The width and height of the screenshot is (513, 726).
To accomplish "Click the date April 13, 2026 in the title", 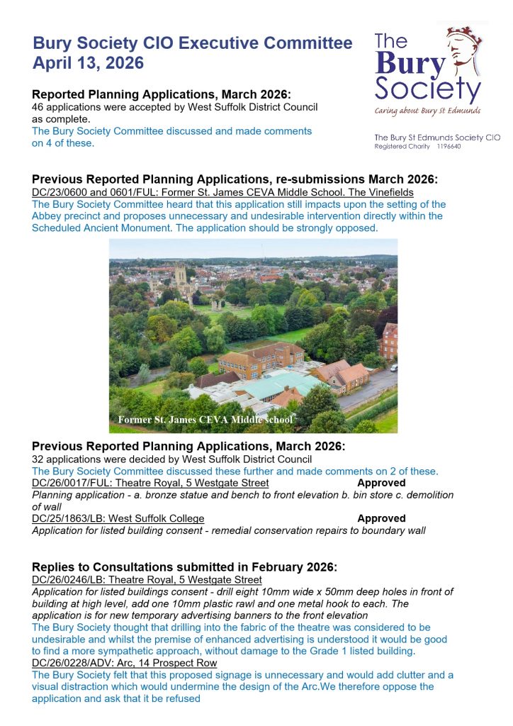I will pyautogui.click(x=88, y=63).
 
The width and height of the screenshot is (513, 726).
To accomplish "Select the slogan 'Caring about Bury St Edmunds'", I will pyautogui.click(x=427, y=111).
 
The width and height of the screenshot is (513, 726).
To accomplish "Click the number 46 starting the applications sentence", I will pyautogui.click(x=38, y=107).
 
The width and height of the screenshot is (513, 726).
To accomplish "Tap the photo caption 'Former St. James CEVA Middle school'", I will pyautogui.click(x=205, y=420).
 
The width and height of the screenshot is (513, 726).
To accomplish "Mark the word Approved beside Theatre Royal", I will pyautogui.click(x=381, y=483).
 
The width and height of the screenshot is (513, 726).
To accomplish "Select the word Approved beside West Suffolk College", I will pyautogui.click(x=381, y=518).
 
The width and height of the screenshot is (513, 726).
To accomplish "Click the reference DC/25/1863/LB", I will pyautogui.click(x=72, y=518).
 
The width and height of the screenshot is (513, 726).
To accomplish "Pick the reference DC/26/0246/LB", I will pyautogui.click(x=72, y=579).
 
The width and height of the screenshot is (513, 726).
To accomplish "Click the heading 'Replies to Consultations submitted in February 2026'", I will pyautogui.click(x=184, y=566).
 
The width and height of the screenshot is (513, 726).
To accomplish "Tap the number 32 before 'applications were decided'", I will pyautogui.click(x=38, y=459).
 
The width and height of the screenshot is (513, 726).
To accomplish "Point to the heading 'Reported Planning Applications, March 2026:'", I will pyautogui.click(x=162, y=94).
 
